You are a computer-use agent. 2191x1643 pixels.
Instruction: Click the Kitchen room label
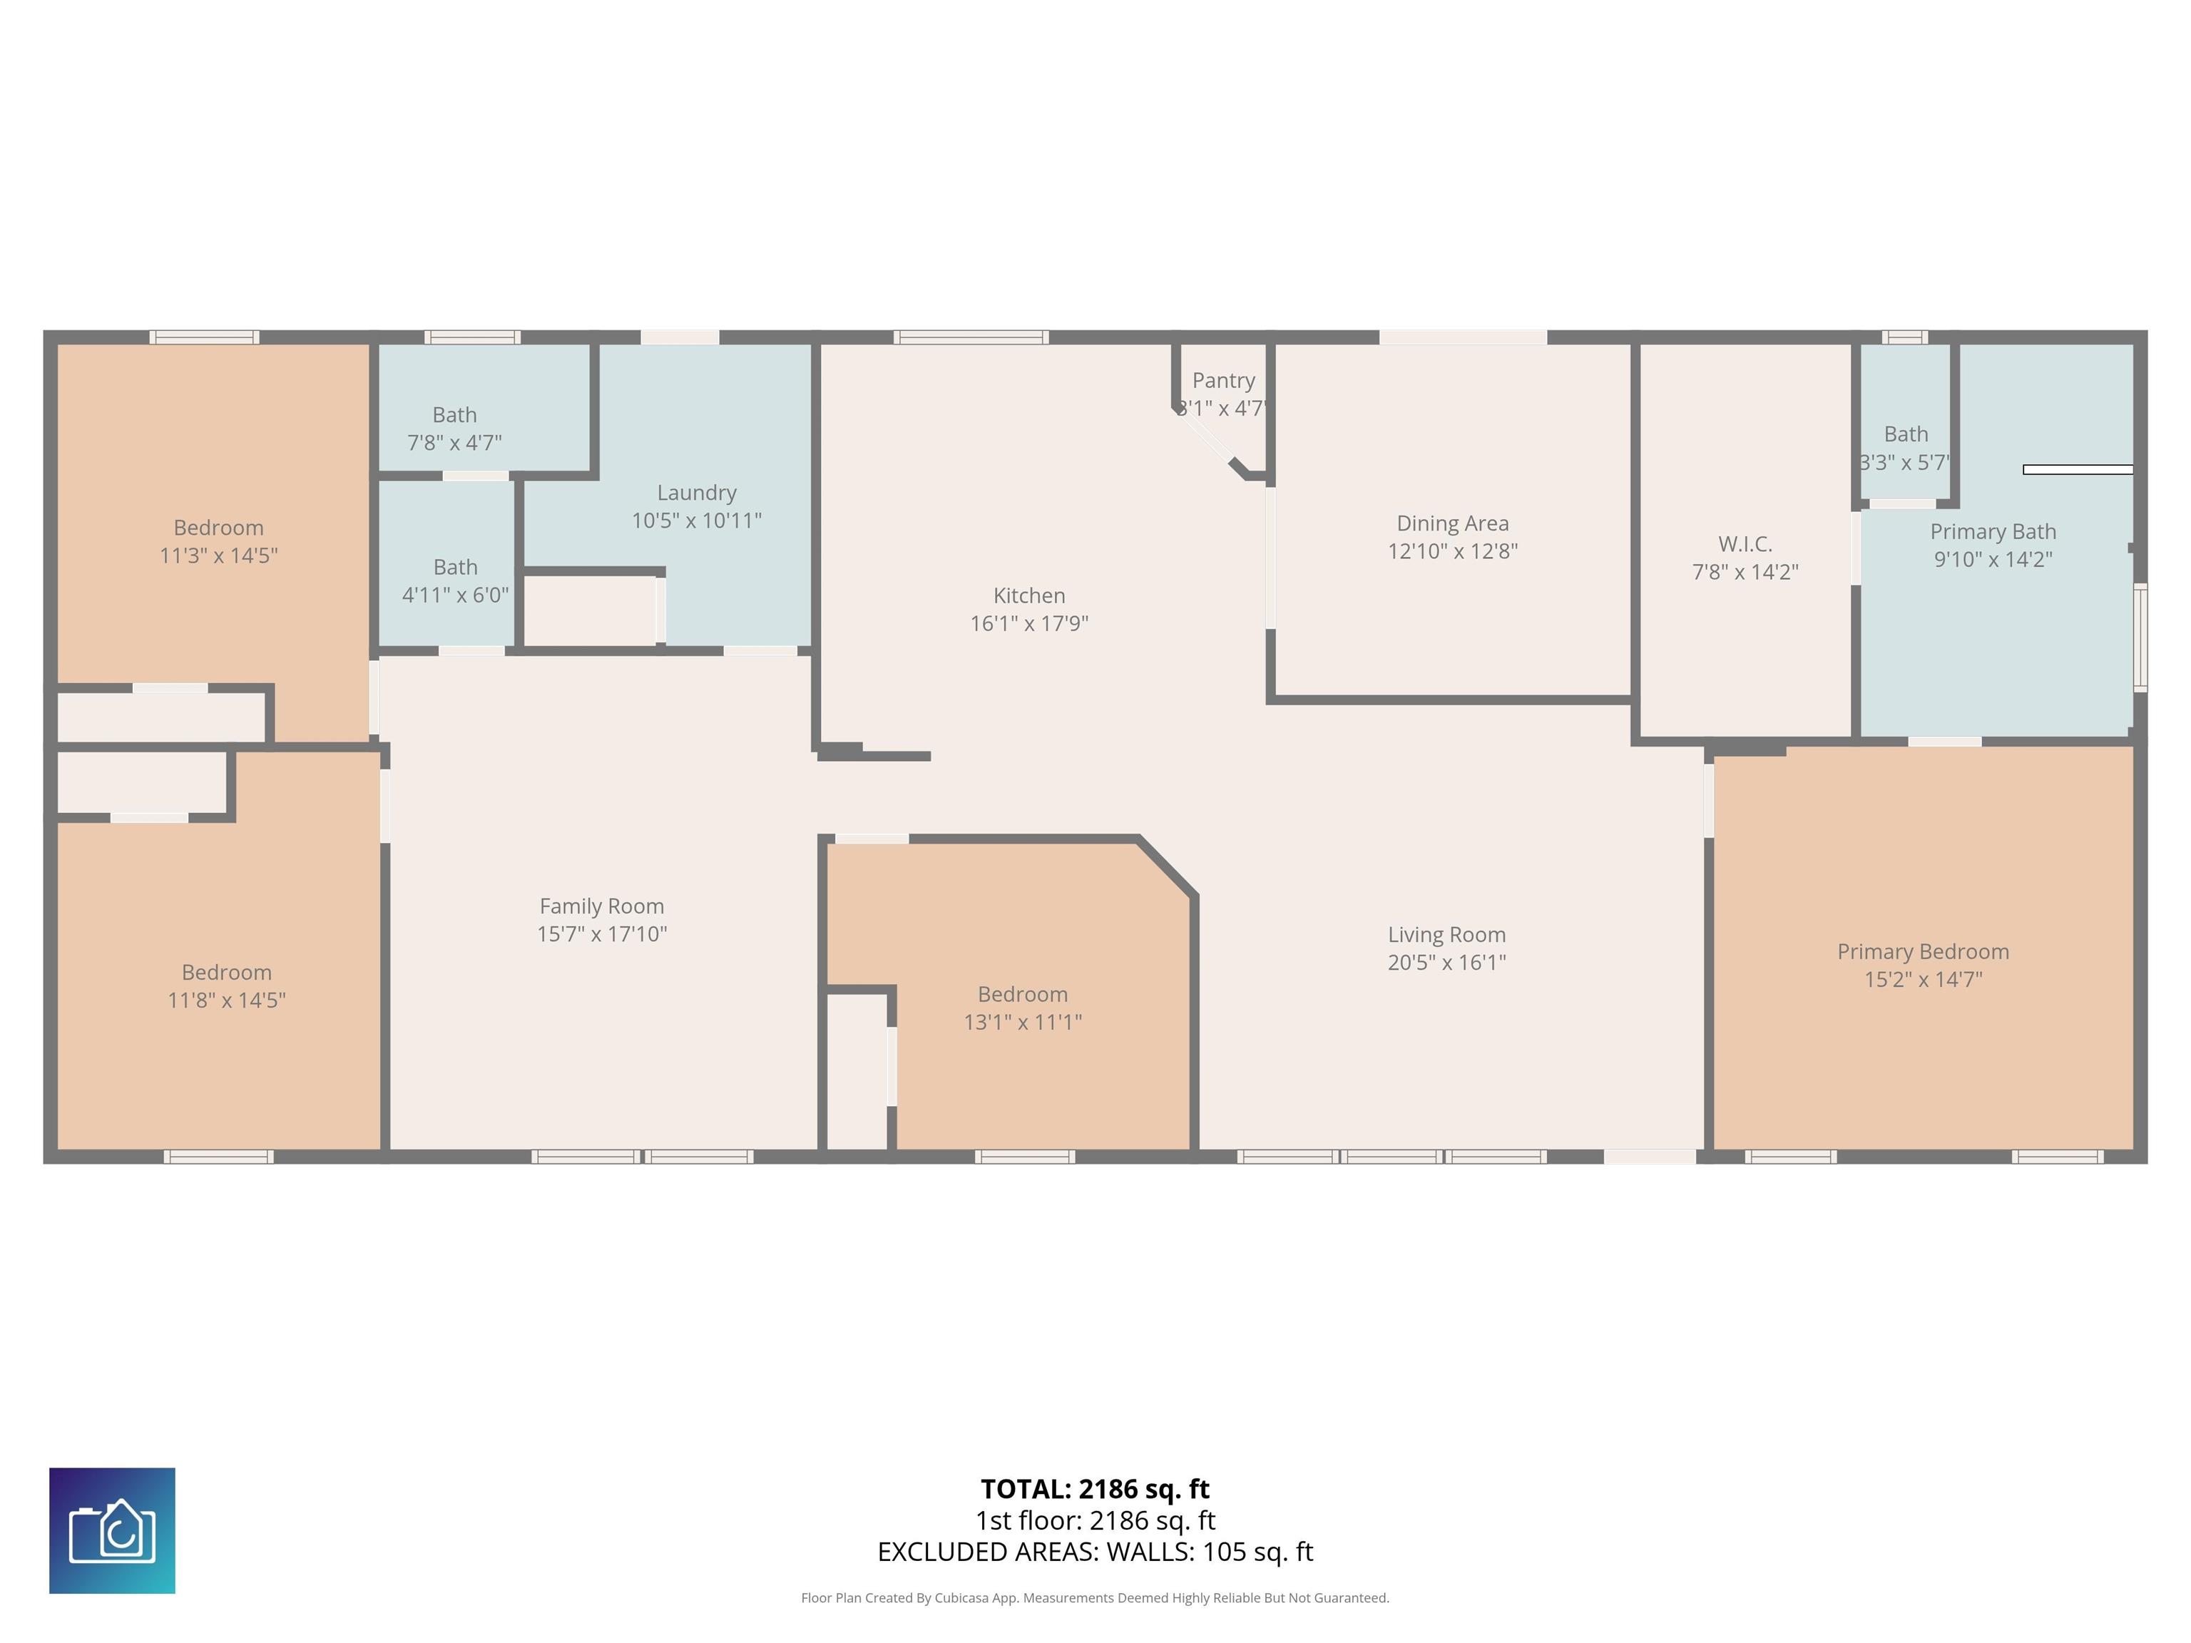click(x=1029, y=595)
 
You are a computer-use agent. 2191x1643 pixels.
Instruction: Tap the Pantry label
click(x=1223, y=380)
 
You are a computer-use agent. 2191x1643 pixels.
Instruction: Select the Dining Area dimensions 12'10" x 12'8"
click(x=1452, y=551)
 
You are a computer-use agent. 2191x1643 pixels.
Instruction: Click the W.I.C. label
click(x=1745, y=543)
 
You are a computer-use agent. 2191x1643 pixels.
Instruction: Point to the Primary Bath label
click(x=1993, y=532)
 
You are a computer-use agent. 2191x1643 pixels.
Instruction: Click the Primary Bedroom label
click(x=1923, y=952)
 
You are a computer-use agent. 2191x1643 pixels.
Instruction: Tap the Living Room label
click(x=1446, y=935)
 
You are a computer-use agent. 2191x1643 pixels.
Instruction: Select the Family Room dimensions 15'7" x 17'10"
click(x=601, y=934)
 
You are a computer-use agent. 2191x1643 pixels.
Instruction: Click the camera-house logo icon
click(x=112, y=1530)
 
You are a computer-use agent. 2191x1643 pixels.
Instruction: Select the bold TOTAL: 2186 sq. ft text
click(x=1095, y=1488)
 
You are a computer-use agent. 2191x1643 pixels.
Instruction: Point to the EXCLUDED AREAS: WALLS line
click(x=1095, y=1552)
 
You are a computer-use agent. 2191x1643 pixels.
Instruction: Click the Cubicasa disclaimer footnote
click(x=1095, y=1597)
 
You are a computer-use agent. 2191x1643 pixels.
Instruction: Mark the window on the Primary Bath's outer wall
click(x=2140, y=637)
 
